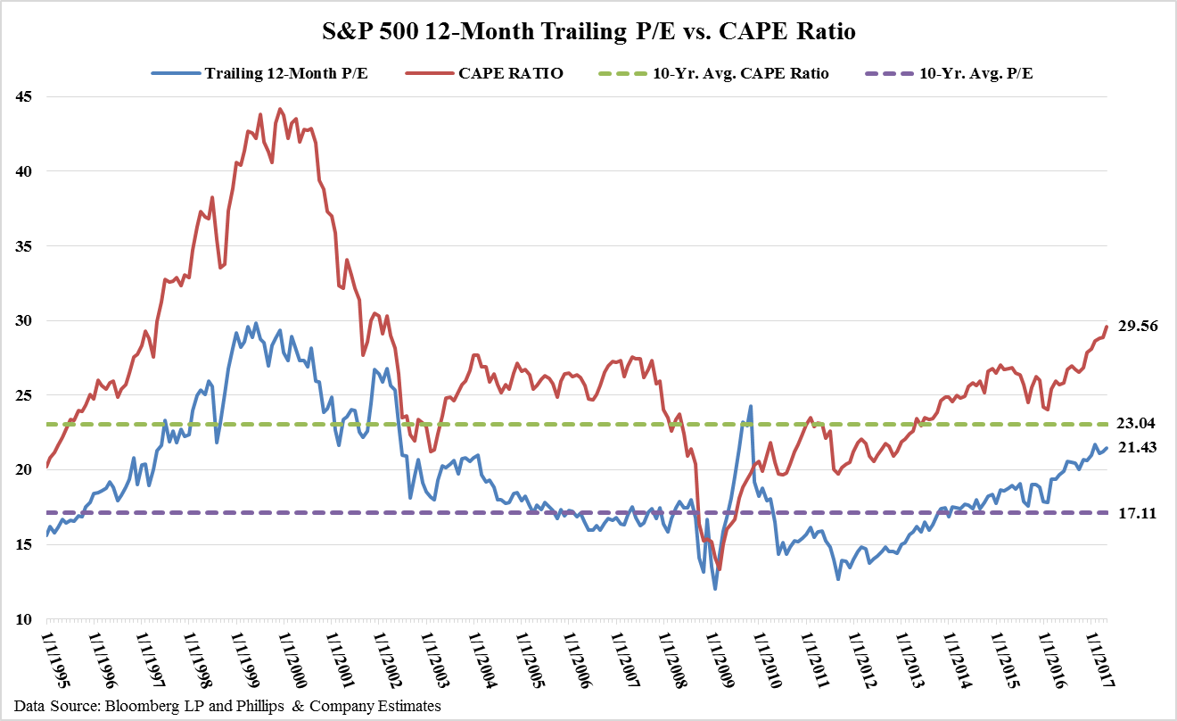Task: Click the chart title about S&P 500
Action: [588, 33]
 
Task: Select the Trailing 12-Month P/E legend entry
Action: [286, 73]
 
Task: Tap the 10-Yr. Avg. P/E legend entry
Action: [976, 73]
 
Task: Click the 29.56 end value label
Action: [1137, 327]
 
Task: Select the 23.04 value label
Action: [1137, 424]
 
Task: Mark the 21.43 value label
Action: [1137, 448]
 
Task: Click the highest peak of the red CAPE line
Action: [280, 109]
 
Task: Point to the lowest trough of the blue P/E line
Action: [715, 589]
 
